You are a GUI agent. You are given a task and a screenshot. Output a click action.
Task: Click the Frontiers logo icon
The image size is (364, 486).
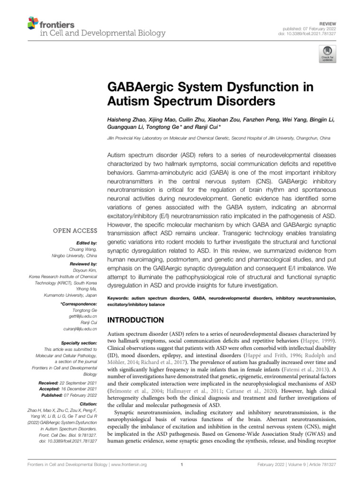pos(33,23)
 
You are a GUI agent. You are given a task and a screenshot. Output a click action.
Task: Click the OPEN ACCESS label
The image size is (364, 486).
pos(77,231)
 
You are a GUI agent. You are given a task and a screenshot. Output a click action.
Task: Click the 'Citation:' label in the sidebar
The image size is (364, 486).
pos(88,403)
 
